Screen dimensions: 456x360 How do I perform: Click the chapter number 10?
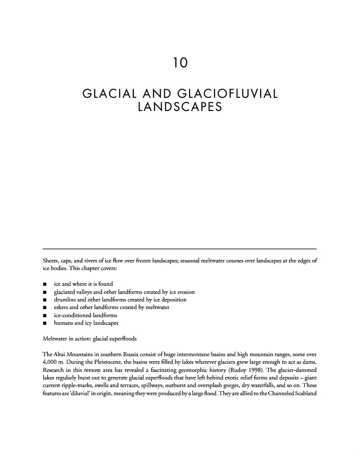180,63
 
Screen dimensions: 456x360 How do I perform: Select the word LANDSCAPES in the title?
180,107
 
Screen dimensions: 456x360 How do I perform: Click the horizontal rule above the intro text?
180,248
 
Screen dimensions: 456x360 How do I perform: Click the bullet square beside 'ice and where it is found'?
45,284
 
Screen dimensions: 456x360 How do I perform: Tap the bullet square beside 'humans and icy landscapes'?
45,323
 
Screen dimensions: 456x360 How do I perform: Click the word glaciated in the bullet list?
65,292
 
